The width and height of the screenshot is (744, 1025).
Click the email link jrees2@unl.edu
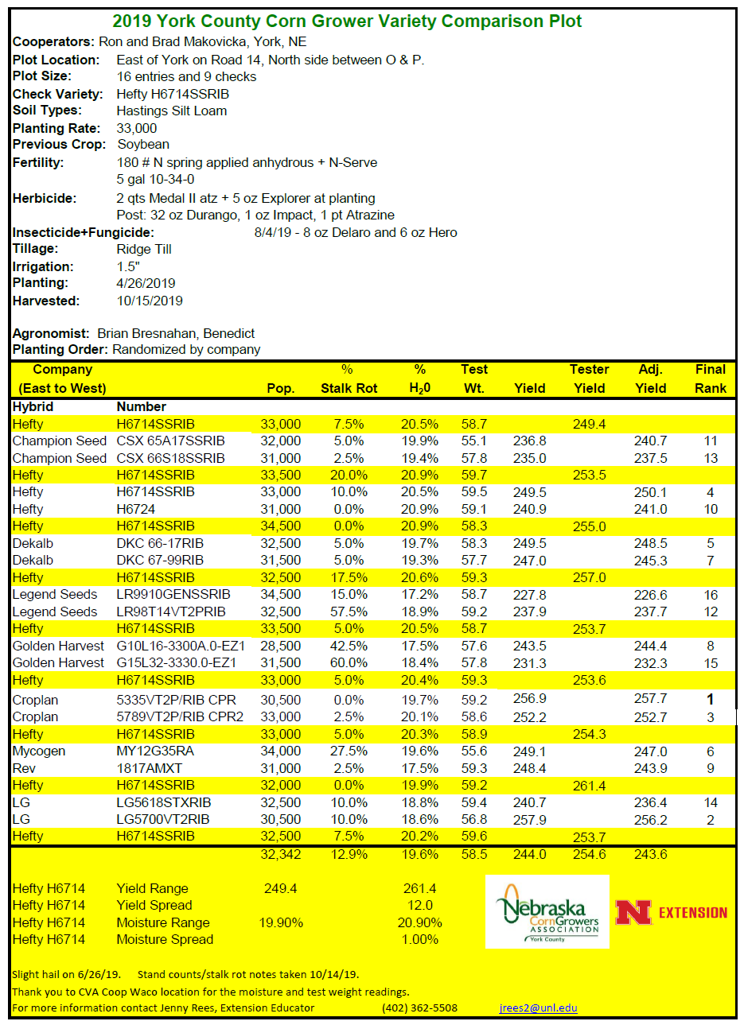coord(538,1008)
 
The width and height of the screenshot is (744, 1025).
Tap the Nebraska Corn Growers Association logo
coord(547,912)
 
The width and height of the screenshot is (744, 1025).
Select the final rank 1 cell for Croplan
coord(711,700)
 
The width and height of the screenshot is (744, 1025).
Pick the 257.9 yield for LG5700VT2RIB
coord(530,819)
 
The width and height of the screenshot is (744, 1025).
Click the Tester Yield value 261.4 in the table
coord(589,786)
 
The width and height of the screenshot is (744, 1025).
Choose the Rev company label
coord(24,768)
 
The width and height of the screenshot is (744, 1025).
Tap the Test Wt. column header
coord(474,379)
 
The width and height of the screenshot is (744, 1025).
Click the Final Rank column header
coord(711,379)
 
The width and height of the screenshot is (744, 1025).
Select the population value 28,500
coord(281,646)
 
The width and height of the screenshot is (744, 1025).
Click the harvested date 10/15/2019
coord(150,301)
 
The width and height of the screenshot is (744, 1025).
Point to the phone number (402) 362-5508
coord(419,1008)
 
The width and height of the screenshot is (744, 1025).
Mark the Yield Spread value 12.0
coord(420,905)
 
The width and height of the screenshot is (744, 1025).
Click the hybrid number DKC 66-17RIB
coord(160,543)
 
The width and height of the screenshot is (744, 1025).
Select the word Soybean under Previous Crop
coord(143,145)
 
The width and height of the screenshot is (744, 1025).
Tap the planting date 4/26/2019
coord(146,283)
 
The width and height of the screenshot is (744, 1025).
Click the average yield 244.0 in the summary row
coord(530,854)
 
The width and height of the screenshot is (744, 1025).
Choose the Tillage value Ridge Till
coord(144,249)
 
